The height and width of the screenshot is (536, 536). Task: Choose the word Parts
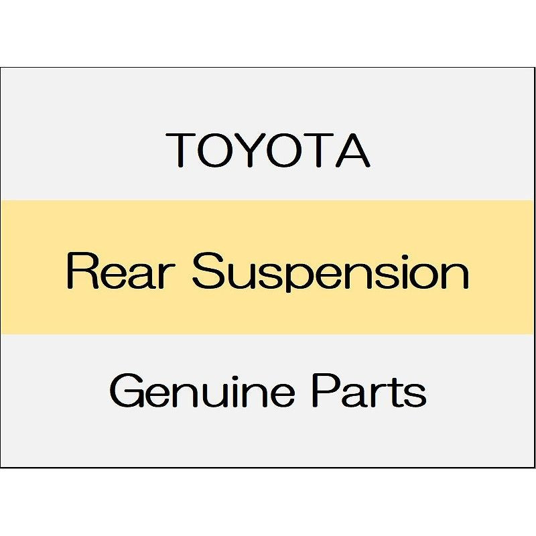point(368,391)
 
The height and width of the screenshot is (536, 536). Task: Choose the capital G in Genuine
point(125,391)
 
